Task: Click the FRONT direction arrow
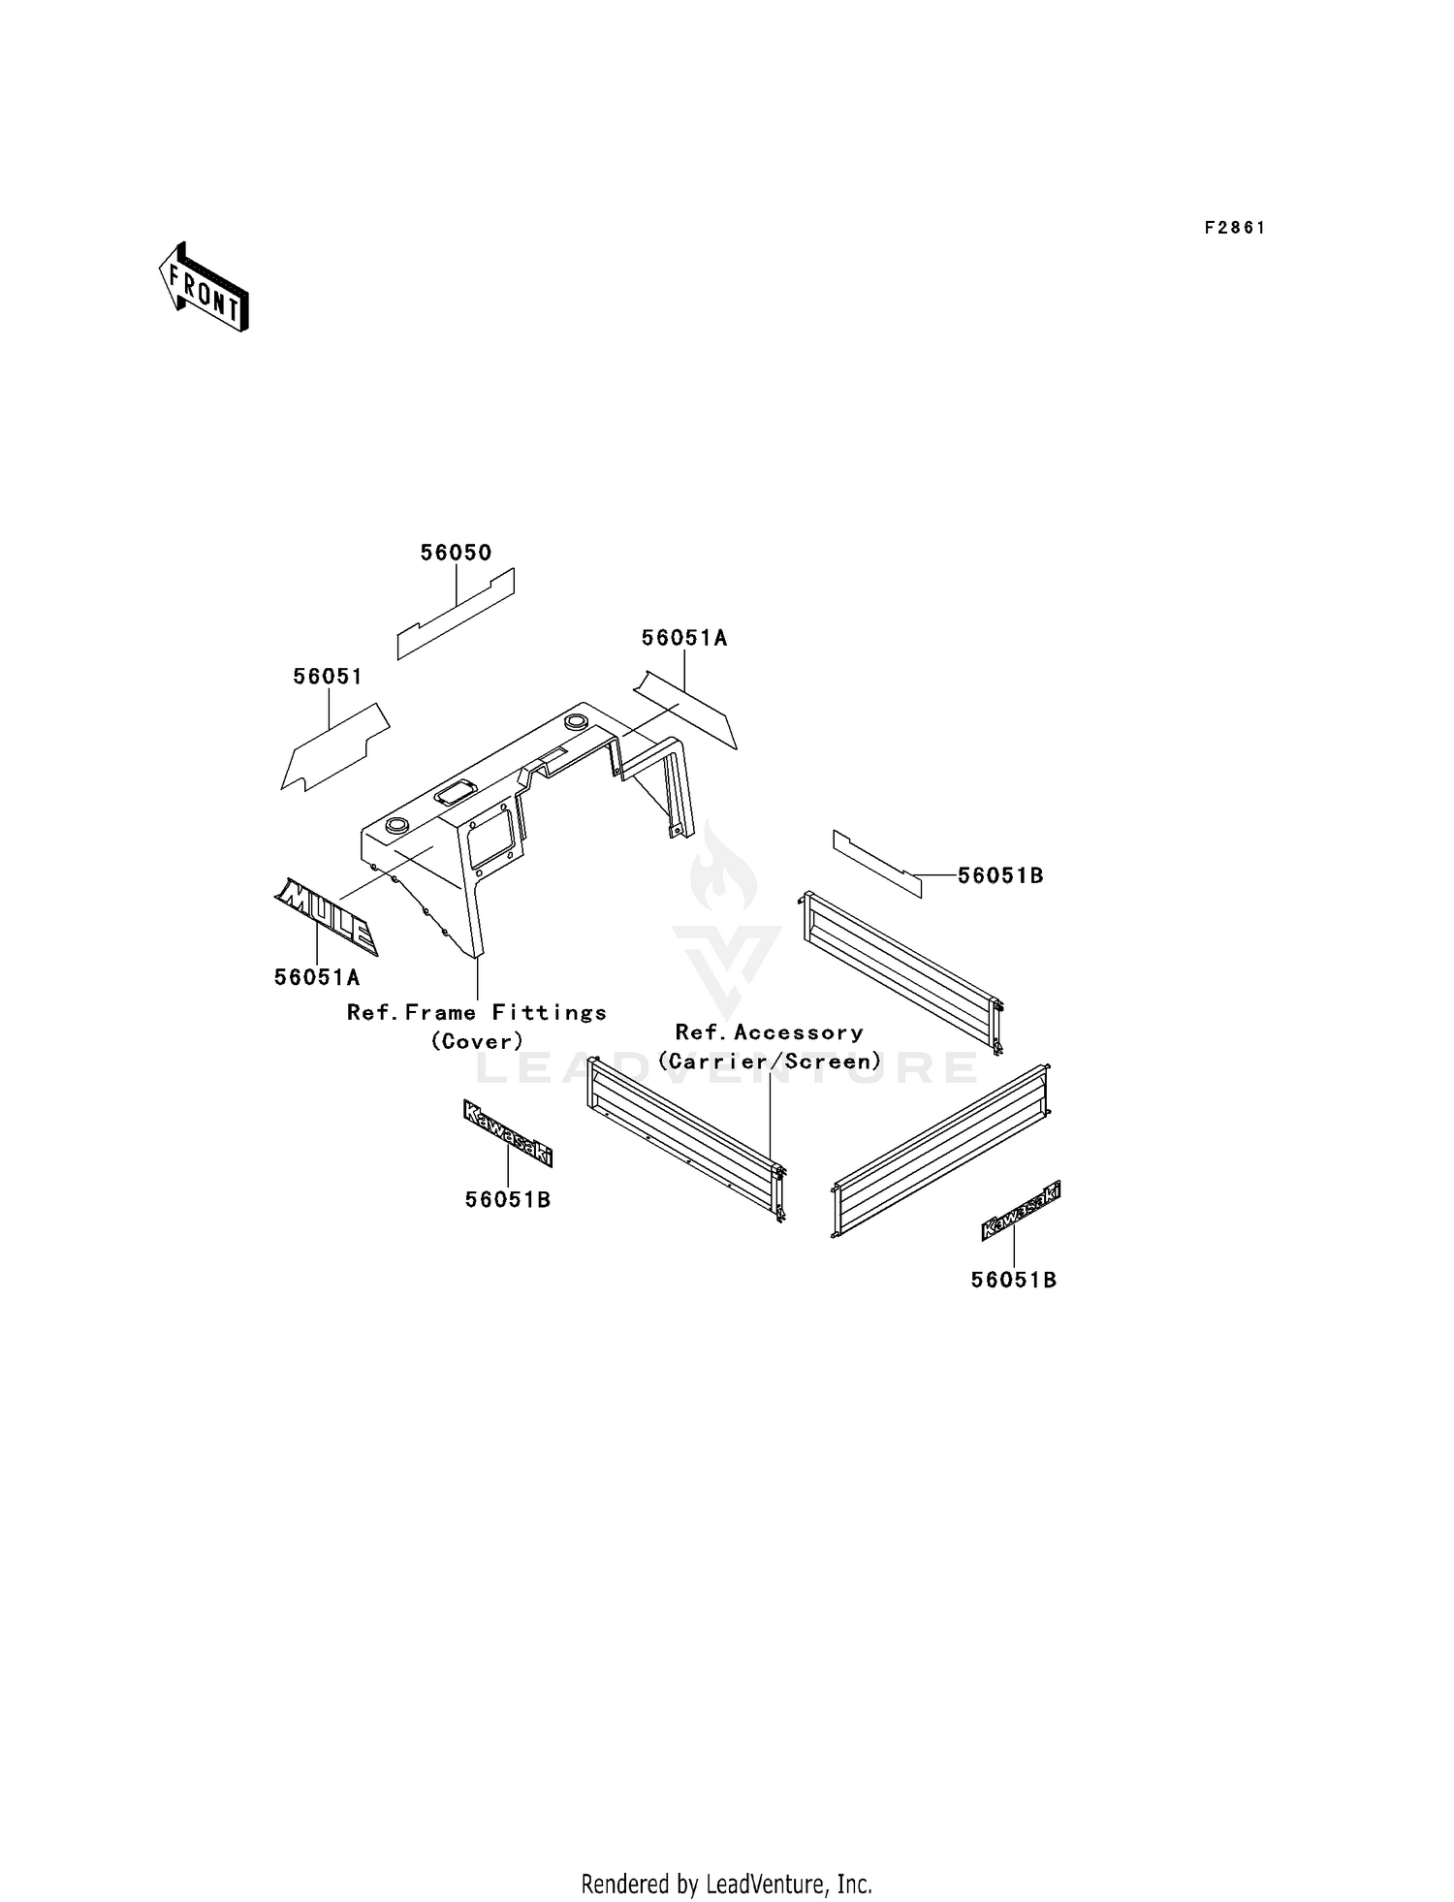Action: pos(204,287)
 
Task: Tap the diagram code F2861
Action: pos(1235,228)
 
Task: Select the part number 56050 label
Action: pos(456,553)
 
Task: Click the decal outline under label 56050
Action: pos(456,615)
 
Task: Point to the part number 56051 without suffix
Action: pos(328,677)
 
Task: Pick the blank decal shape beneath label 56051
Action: pos(334,747)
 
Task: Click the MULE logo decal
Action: pos(326,916)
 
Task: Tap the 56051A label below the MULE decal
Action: pos(317,978)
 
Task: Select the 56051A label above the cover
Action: pos(684,638)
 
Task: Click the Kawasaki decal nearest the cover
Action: pos(508,1132)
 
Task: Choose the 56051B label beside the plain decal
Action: pos(1000,875)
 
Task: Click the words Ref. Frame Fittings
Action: pos(477,1013)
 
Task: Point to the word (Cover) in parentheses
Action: pos(477,1041)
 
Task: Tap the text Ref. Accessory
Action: pos(770,1032)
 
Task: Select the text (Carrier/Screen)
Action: pos(770,1062)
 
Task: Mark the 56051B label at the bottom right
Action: pos(1014,1281)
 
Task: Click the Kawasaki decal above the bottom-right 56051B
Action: pos(1020,1211)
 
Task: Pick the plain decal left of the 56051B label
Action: pos(877,864)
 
